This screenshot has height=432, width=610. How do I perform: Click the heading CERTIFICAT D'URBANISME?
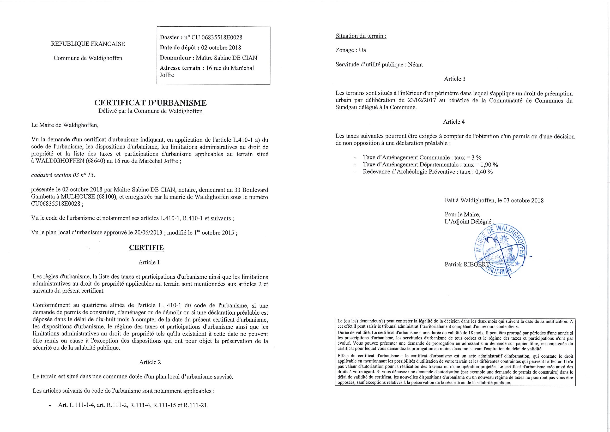click(x=150, y=103)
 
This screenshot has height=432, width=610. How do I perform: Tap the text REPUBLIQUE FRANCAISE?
click(x=88, y=44)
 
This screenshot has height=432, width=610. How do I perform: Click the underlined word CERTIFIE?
click(x=146, y=248)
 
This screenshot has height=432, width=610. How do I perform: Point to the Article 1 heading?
click(x=149, y=262)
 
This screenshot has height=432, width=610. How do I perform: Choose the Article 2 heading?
click(x=150, y=362)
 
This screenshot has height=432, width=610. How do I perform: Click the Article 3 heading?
click(x=455, y=79)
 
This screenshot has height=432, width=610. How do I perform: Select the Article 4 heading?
click(x=454, y=122)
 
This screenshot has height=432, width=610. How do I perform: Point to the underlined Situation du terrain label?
click(x=361, y=36)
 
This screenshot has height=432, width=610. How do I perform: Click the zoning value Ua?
click(x=363, y=50)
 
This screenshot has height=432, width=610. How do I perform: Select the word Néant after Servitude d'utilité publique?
click(x=415, y=64)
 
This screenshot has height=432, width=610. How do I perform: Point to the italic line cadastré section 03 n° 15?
click(x=63, y=175)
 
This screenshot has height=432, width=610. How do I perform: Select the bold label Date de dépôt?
click(x=179, y=48)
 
